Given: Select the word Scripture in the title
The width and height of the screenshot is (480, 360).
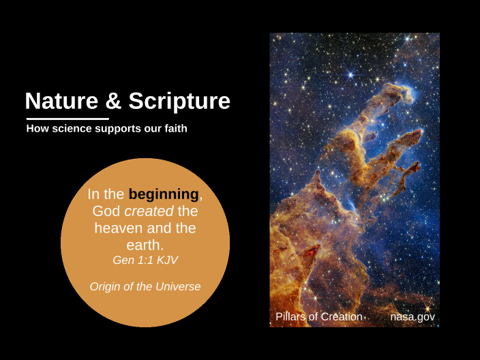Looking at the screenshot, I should point(179,102).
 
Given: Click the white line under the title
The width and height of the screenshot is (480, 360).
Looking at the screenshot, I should point(67,119).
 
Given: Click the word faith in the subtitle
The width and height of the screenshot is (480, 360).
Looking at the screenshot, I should point(173,128).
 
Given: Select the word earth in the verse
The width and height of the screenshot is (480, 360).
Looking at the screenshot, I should point(145,244).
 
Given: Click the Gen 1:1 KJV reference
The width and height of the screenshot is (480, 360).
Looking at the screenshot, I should point(145,260).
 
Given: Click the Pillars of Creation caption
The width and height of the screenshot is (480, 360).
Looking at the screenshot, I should point(318,317).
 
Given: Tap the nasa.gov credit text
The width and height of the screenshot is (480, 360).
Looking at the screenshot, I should point(412,317).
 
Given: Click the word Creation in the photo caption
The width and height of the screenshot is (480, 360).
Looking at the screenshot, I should point(340,317).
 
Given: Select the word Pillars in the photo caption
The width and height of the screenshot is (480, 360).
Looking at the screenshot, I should point(290,317).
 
